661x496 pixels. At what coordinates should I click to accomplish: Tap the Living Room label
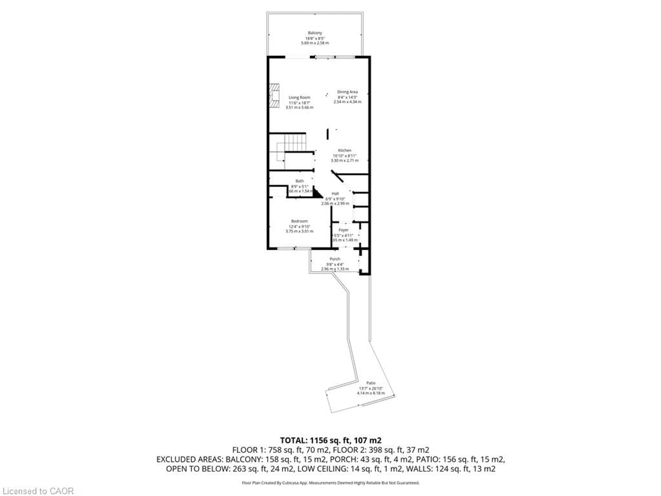[299, 97]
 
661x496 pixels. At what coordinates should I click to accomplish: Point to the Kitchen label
[345, 150]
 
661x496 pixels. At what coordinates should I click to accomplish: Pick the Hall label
[335, 193]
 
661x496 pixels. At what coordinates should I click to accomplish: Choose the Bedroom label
[299, 221]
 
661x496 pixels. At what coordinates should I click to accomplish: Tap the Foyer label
[343, 230]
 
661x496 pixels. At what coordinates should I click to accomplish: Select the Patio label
[371, 383]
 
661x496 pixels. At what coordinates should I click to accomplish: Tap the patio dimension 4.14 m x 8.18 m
[371, 393]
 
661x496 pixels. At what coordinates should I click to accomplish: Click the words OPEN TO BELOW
[197, 469]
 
